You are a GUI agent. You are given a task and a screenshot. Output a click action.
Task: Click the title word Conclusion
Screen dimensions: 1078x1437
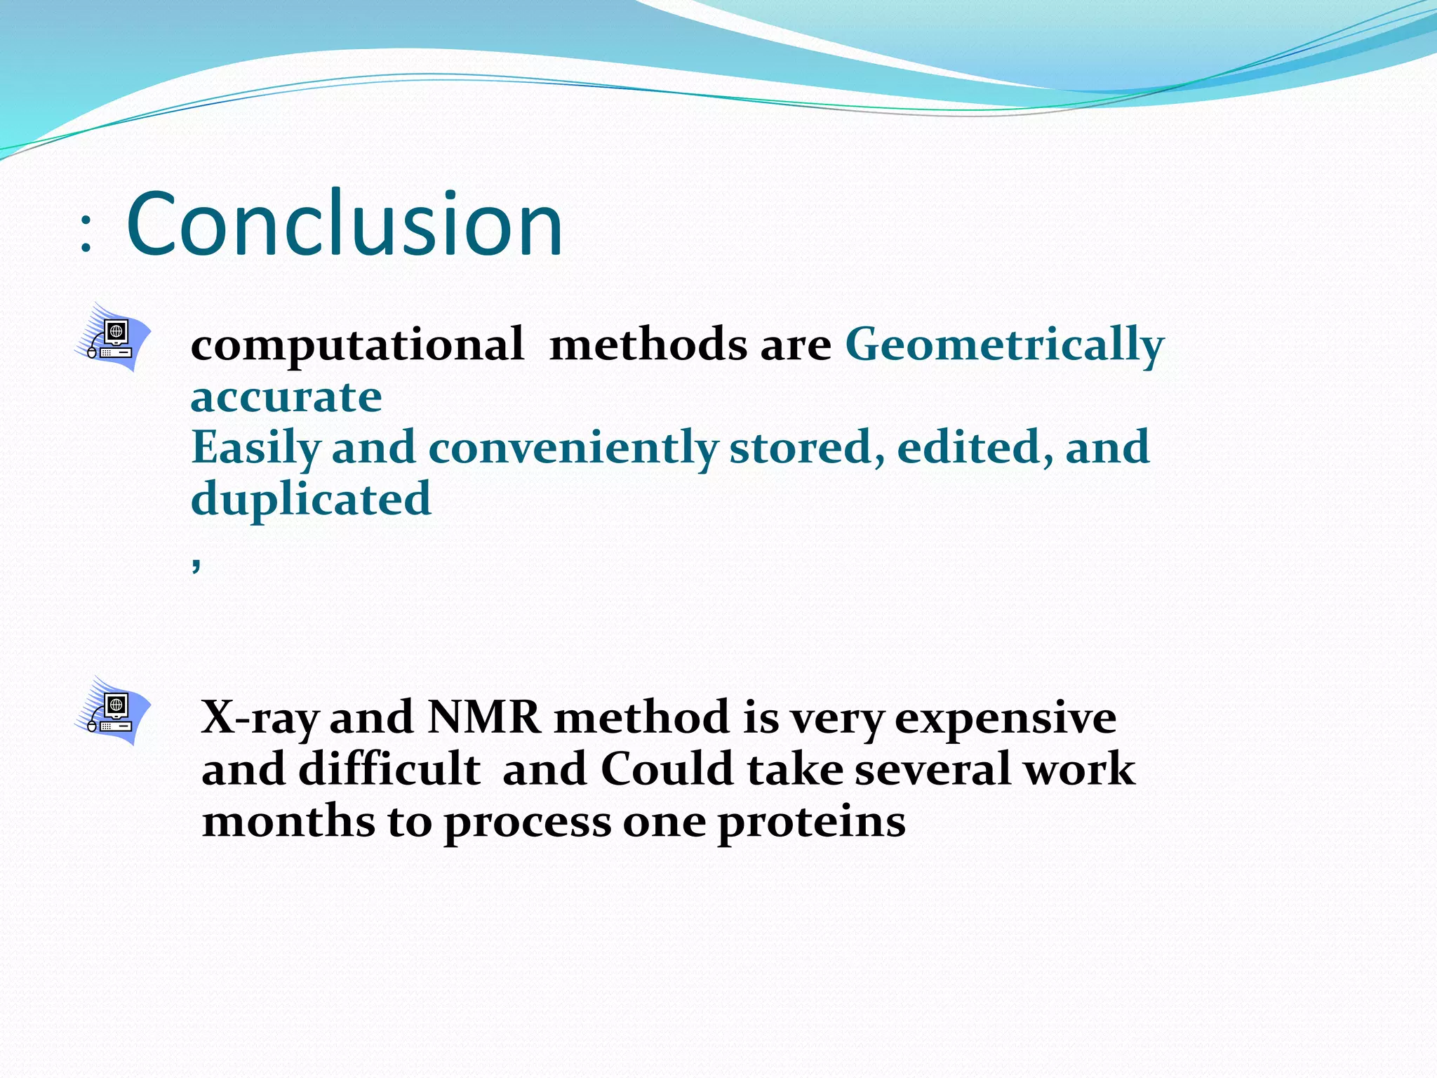pyautogui.click(x=344, y=225)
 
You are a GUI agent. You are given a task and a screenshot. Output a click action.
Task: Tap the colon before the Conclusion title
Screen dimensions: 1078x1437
pyautogui.click(x=86, y=234)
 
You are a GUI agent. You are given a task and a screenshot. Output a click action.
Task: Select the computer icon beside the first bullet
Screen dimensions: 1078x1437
pyautogui.click(x=114, y=338)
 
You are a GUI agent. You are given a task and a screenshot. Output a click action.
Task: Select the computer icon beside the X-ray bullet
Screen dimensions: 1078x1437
pyautogui.click(x=114, y=711)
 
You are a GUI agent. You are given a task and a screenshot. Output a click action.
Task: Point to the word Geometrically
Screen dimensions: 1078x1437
pyautogui.click(x=1005, y=345)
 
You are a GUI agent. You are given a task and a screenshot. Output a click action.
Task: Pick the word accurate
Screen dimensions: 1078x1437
pyautogui.click(x=286, y=397)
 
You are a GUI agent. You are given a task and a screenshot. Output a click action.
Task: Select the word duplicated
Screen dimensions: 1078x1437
pyautogui.click(x=311, y=500)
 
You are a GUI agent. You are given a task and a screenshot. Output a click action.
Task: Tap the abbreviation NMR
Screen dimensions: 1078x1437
pyautogui.click(x=483, y=718)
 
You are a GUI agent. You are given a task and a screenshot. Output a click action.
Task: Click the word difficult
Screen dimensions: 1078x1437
pyautogui.click(x=389, y=769)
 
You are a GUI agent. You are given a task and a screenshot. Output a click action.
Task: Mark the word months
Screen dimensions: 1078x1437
pyautogui.click(x=288, y=821)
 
